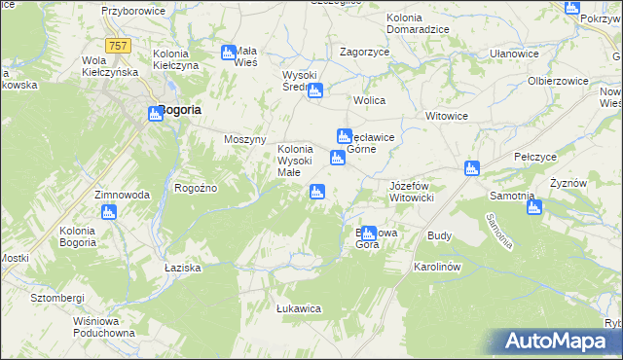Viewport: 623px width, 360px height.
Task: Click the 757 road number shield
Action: [120, 46]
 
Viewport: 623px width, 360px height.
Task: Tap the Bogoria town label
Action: [180, 110]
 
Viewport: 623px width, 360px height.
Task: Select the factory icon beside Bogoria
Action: [155, 114]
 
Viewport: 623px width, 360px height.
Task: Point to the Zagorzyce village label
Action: [363, 52]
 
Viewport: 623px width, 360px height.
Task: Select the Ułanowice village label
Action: [514, 54]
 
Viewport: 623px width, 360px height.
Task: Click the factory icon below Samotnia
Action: [531, 205]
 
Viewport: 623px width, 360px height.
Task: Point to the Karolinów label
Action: [436, 266]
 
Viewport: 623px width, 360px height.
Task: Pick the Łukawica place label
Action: [299, 308]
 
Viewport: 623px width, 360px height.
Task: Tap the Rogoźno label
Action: [195, 188]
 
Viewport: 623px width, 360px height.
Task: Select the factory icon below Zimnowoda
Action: [108, 211]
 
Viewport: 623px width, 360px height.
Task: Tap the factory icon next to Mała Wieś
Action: [229, 53]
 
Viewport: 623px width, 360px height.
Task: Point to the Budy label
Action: [439, 235]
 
